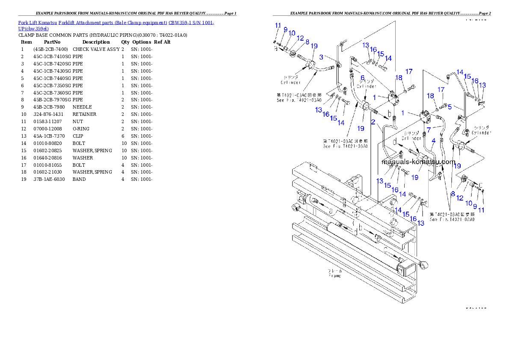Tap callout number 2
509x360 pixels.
coord(373,122)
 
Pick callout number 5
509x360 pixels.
coord(450,107)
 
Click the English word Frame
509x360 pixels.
coord(335,276)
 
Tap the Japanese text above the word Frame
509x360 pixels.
coord(335,271)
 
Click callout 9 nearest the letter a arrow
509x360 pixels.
coord(285,30)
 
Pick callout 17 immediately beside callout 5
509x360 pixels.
coord(441,90)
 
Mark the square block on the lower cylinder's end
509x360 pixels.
coord(406,270)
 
